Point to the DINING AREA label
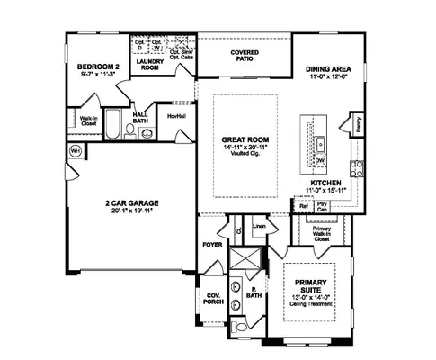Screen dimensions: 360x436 (x=328, y=70)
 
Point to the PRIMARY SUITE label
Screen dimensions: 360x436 (x=309, y=286)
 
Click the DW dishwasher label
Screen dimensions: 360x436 (x=319, y=161)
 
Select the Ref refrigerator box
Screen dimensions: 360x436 (x=304, y=205)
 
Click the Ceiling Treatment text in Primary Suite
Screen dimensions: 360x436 (x=309, y=305)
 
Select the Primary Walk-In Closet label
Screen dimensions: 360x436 (x=321, y=233)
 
